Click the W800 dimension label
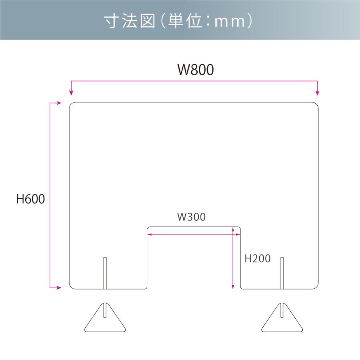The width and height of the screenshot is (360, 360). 196,70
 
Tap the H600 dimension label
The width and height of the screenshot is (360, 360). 30,199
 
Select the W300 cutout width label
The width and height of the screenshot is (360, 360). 191,217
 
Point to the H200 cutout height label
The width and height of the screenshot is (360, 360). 257,259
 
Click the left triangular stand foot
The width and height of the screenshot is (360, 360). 105,318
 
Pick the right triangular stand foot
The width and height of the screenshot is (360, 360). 282,318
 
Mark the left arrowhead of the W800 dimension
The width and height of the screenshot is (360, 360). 71,93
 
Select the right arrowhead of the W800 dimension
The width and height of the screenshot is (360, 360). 318,93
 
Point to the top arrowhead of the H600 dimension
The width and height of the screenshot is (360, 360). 58,103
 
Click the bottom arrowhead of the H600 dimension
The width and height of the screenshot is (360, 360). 58,287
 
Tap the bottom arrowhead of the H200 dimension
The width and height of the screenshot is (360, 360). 233,286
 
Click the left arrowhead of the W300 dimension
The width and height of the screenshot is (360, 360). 149,234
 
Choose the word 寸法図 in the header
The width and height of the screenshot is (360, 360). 130,21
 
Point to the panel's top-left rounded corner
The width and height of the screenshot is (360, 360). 72,106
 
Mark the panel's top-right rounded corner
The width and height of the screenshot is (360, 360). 316,106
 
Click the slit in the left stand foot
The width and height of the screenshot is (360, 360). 105,310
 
